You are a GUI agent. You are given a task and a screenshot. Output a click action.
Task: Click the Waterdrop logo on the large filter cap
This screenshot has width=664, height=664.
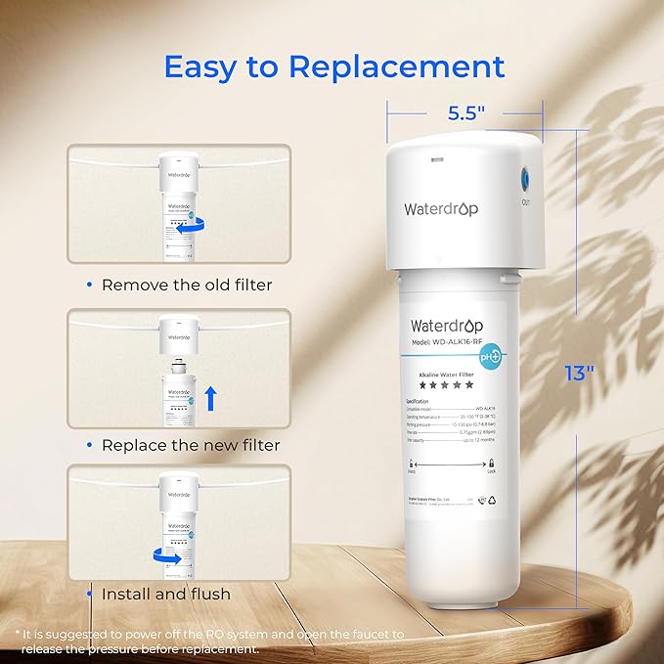click(440, 207)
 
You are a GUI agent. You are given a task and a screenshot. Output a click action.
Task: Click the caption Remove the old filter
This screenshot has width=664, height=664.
click(187, 285)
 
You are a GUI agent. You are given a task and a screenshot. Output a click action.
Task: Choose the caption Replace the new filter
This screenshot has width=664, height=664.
click(191, 445)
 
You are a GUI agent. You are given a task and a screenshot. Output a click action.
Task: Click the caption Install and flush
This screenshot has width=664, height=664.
click(166, 594)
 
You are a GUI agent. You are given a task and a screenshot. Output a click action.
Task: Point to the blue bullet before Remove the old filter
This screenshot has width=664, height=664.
click(90, 285)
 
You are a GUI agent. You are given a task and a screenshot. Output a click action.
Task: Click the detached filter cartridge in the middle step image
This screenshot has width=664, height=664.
click(179, 393)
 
